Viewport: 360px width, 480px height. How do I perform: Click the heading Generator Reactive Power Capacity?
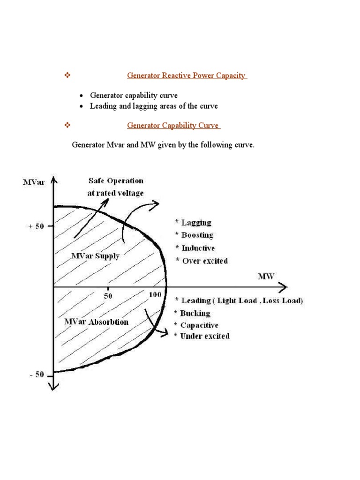187,75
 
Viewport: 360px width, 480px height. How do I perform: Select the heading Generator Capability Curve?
173,126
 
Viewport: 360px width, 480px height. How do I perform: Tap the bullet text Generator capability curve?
134,96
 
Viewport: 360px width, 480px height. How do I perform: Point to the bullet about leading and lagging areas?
154,106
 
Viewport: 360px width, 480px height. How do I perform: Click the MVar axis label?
34,182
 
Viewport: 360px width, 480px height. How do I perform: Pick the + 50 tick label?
36,226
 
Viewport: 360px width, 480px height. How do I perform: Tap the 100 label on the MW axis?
155,295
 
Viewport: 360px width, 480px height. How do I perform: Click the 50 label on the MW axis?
108,296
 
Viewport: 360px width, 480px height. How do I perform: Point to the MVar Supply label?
95,256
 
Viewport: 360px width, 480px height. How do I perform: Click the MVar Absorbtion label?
96,322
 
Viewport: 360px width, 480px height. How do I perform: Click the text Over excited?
205,261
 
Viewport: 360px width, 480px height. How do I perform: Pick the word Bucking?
195,313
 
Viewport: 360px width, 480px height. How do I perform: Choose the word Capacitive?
199,325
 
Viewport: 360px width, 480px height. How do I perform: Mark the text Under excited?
205,336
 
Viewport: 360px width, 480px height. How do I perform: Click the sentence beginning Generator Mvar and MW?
163,145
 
